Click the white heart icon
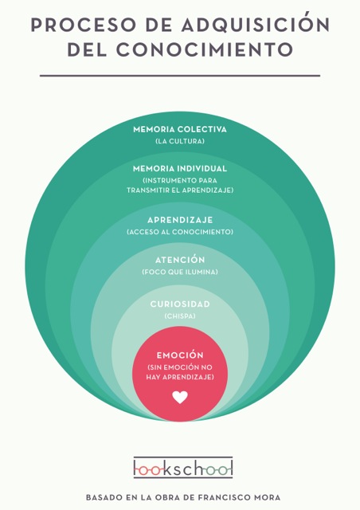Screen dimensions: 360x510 coord(180,397)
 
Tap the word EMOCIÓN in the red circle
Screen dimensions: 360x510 coord(180,355)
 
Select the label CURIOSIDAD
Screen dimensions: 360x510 coord(180,304)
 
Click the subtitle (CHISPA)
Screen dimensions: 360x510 coord(180,316)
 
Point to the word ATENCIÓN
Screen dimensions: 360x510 coord(180,260)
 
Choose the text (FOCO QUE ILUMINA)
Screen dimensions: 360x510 coord(180,272)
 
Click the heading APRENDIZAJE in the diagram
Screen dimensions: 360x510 coord(180,220)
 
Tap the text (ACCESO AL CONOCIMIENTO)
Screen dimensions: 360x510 coord(180,232)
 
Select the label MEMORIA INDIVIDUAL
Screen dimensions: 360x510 coord(180,168)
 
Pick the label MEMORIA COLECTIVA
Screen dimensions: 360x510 coord(180,129)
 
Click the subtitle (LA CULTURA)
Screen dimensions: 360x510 coord(180,141)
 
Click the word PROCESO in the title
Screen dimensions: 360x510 coord(83,25)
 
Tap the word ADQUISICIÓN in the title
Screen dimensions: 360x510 coord(256,24)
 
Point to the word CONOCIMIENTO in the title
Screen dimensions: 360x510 coord(205,49)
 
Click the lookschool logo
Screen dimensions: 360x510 coord(183,468)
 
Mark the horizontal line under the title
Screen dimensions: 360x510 coord(180,76)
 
